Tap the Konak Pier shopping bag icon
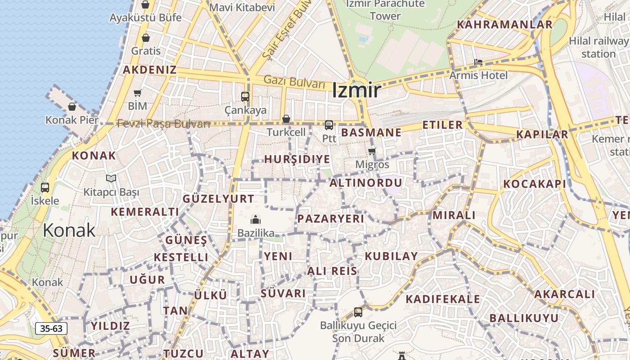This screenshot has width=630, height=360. click(x=72, y=107)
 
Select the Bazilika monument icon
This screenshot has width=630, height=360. click(x=256, y=220)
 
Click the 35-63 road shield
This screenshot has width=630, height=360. click(x=51, y=328)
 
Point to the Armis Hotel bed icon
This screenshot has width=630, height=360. click(x=478, y=62)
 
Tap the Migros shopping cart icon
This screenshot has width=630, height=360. click(x=372, y=151)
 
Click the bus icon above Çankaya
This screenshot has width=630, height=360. click(x=245, y=96)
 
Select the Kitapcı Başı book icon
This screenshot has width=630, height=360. click(x=111, y=178)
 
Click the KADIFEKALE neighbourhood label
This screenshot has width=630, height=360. click(x=443, y=299)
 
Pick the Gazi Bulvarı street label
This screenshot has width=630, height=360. click(x=294, y=82)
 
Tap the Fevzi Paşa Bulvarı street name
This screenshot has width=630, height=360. click(x=164, y=124)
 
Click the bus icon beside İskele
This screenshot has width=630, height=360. click(x=45, y=187)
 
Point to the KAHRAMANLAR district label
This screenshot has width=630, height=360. click(x=504, y=25)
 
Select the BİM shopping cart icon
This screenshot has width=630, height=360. click(x=137, y=93)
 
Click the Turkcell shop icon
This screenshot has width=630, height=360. click(x=286, y=119)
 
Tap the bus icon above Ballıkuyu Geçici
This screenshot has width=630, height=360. click(x=358, y=311)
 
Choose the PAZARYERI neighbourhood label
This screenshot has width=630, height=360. click(x=330, y=219)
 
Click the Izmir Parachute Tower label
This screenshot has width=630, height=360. click(x=385, y=10)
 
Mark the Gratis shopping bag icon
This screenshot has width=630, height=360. click(x=145, y=38)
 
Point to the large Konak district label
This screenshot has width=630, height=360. click(x=69, y=230)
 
